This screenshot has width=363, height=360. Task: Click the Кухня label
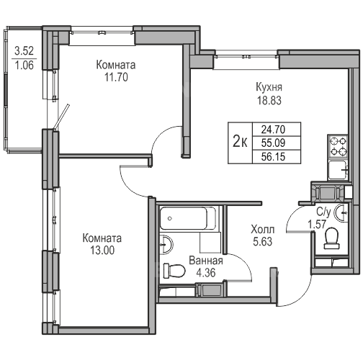(269, 87)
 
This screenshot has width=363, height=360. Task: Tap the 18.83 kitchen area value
(269, 101)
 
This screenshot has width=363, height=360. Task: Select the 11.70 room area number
(116, 77)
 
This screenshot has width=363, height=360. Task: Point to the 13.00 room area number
(102, 251)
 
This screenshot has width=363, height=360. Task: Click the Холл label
(263, 230)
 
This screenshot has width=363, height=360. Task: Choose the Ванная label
(206, 261)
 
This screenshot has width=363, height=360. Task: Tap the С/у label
(323, 212)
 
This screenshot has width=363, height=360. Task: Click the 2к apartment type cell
(241, 143)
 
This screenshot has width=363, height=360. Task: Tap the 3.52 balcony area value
(24, 51)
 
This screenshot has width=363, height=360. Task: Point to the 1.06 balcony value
(24, 66)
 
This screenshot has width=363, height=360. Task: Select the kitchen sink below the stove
(338, 170)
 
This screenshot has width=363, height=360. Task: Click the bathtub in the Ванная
(187, 218)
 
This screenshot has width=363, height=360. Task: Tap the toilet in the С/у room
(332, 238)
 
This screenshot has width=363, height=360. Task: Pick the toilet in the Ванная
(174, 271)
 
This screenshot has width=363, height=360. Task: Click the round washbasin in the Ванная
(166, 243)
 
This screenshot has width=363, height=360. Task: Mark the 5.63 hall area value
(263, 242)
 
